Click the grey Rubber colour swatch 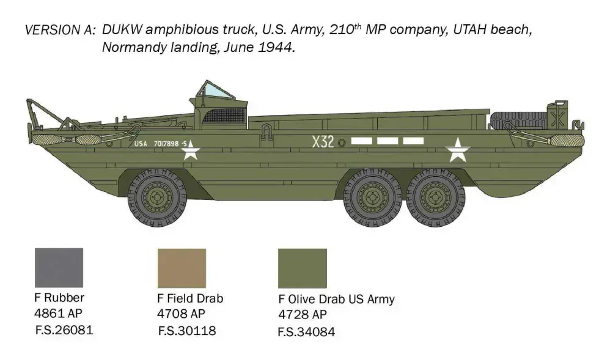tap(59, 268)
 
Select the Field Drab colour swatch tap(182, 268)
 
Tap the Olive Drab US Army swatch tap(302, 268)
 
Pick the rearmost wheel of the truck tap(436, 199)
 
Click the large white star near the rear tap(457, 150)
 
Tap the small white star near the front tap(191, 149)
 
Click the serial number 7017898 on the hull tap(163, 144)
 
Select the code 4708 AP tap(181, 314)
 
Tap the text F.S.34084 tap(306, 332)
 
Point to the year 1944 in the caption tap(275, 48)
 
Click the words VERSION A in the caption tap(60, 30)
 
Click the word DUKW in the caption tap(122, 30)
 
